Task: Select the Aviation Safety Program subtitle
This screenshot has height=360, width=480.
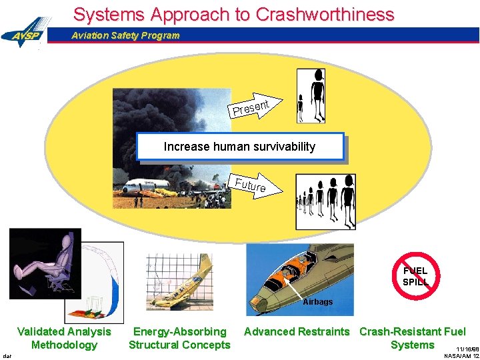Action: [125, 35]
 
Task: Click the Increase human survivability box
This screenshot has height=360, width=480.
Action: [240, 147]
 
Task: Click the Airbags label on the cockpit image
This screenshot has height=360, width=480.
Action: [317, 302]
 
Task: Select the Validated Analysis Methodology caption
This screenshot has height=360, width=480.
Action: [64, 338]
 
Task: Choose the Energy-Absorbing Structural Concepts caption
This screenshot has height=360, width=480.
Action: [179, 338]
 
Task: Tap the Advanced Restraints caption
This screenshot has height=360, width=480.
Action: [297, 331]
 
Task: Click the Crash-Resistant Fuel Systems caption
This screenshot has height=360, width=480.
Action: [412, 338]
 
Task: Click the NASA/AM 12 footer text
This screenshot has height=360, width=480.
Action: [461, 356]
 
